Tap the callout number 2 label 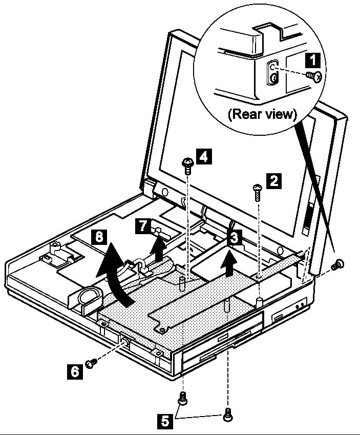pos(274,180)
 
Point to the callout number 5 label pos(163,422)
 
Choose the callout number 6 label pos(75,370)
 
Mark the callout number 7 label pos(142,226)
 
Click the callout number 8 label pos(101,238)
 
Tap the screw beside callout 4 pos(187,164)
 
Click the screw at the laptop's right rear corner pos(337,265)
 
